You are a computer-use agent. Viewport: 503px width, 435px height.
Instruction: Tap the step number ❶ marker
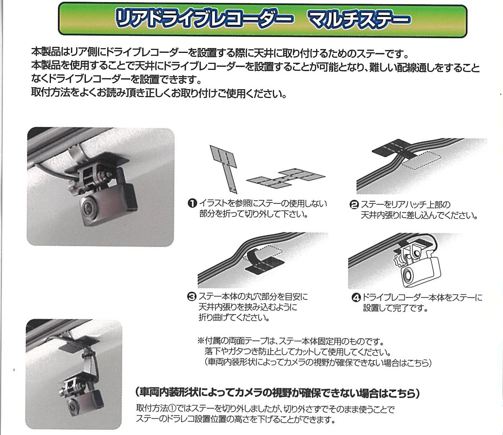(193, 203)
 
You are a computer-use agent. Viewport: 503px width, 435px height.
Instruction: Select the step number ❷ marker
(354, 205)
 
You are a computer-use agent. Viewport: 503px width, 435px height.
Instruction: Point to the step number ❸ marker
(191, 297)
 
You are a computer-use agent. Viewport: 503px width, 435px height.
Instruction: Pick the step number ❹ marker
(356, 298)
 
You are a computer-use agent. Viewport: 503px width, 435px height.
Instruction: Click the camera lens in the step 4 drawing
(407, 274)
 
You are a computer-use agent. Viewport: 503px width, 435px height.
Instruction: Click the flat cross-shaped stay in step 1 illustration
(286, 179)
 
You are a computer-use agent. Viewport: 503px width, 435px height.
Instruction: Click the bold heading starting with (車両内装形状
(277, 393)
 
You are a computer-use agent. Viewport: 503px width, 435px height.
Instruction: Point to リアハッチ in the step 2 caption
(411, 205)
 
